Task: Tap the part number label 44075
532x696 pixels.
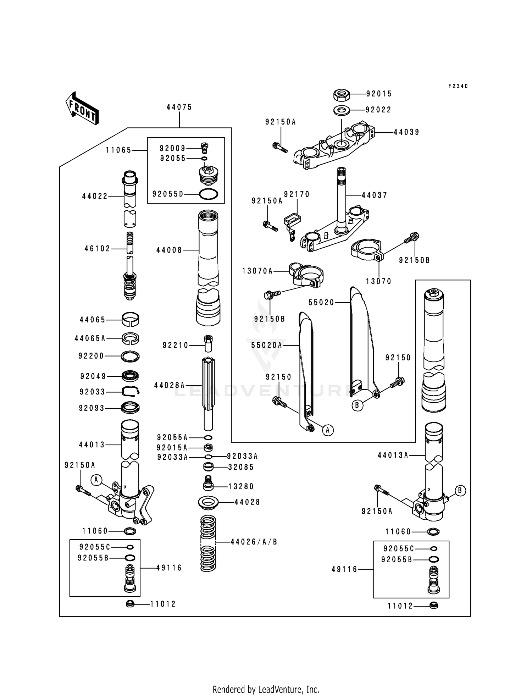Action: [179, 107]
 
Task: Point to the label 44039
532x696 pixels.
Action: [406, 132]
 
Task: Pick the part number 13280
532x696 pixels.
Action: [241, 486]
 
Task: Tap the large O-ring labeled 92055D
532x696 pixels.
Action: [209, 194]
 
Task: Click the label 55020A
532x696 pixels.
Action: [264, 345]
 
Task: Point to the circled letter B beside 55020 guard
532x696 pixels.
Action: [358, 405]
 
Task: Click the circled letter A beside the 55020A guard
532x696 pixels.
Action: [328, 430]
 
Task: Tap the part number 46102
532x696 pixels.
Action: [98, 249]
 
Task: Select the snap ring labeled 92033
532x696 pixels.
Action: [130, 391]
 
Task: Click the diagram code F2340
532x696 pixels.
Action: [458, 86]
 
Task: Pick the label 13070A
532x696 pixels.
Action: [257, 271]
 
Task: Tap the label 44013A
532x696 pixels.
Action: [393, 455]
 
